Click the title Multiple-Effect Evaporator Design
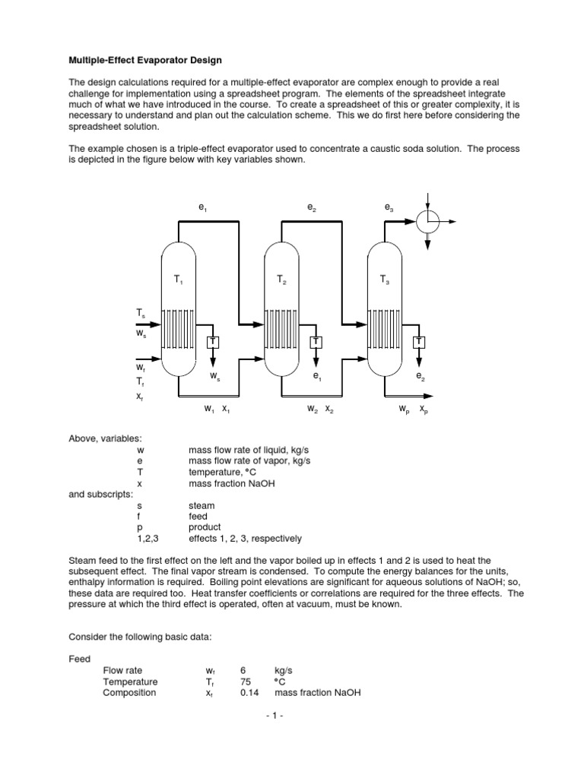coord(145,59)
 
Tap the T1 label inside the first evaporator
coord(178,280)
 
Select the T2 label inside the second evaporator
coord(281,280)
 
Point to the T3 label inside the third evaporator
coord(385,280)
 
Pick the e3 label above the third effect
coord(389,207)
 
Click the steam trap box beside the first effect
coord(213,342)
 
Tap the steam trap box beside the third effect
coord(419,342)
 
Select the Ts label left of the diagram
coord(141,312)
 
